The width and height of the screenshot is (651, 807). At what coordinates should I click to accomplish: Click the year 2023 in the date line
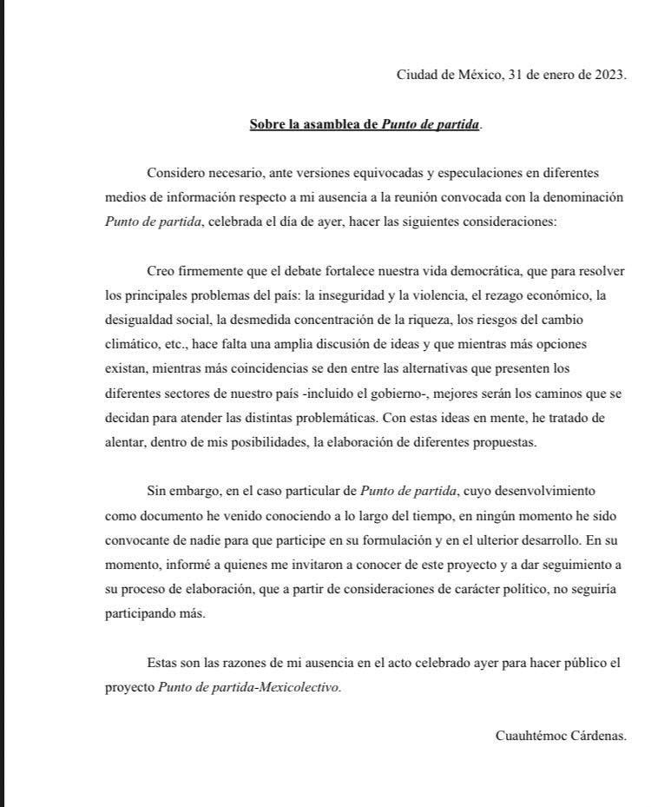pyautogui.click(x=608, y=74)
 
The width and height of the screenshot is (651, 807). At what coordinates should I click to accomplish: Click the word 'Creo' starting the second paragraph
pyautogui.click(x=161, y=271)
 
